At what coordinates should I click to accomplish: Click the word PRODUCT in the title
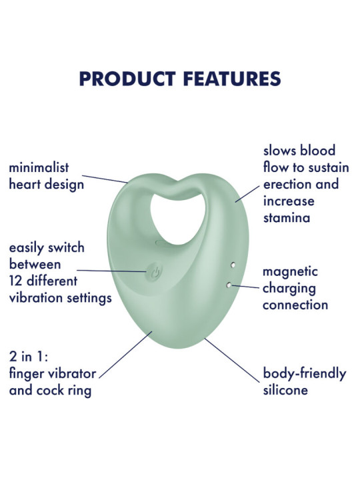(127, 79)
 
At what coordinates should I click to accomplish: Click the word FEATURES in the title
(232, 79)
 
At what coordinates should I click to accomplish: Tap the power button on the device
(154, 272)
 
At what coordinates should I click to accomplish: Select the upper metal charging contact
(233, 265)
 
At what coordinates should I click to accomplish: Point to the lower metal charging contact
(229, 285)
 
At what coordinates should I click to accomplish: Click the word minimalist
(39, 167)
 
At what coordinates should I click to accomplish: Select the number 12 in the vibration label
(15, 281)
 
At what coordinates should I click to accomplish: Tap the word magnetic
(290, 272)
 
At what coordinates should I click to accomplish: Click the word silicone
(285, 390)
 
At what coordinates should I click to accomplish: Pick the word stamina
(287, 218)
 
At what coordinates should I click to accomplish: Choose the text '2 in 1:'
(29, 357)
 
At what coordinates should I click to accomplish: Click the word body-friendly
(305, 374)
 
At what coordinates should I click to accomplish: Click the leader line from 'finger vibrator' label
(125, 355)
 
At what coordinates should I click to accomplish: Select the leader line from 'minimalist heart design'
(105, 179)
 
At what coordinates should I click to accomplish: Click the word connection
(295, 305)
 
